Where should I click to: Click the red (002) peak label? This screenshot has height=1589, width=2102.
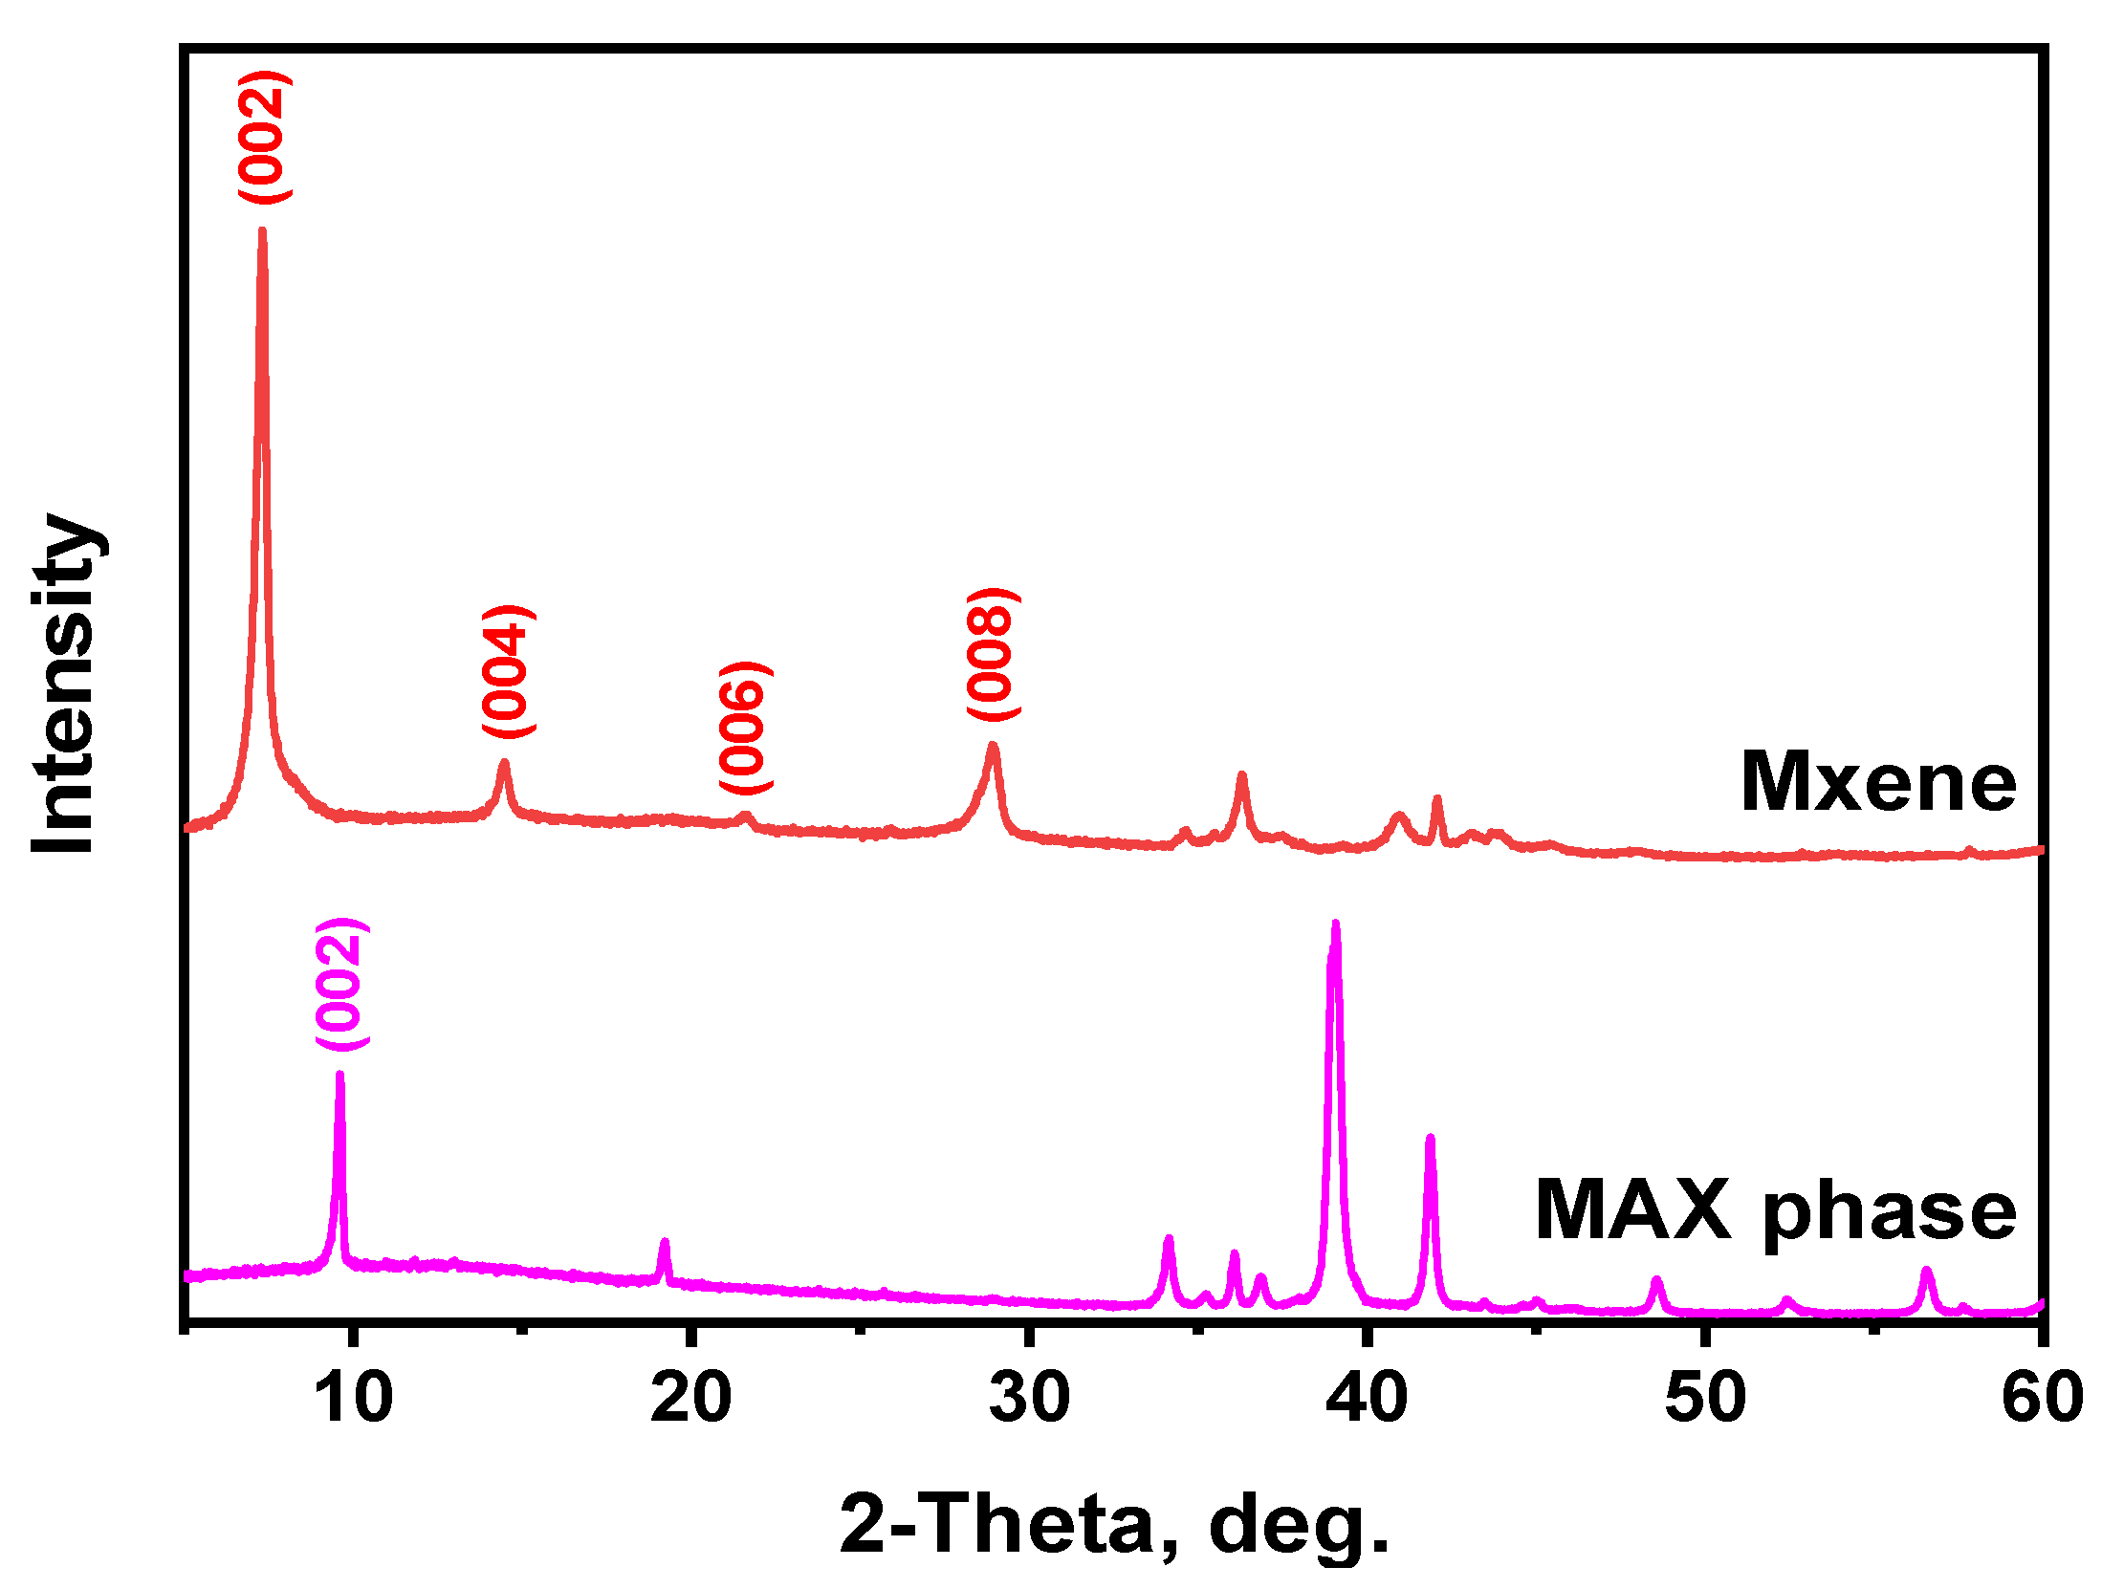click(264, 137)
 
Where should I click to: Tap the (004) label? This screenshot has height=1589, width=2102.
click(508, 671)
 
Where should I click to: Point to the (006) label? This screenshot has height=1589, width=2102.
click(745, 727)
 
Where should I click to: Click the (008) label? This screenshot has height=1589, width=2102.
click(993, 654)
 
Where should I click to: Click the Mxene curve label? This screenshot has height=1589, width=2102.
click(1877, 783)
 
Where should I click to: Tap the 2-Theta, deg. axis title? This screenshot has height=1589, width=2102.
click(1113, 1524)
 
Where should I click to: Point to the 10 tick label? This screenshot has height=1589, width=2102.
click(354, 1398)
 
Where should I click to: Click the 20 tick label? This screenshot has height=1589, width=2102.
click(690, 1398)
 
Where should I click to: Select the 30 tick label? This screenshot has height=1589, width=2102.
click(1029, 1398)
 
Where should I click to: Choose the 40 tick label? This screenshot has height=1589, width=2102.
click(1367, 1398)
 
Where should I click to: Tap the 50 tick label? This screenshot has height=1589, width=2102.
click(1705, 1398)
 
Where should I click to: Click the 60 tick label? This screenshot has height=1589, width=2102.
click(2041, 1398)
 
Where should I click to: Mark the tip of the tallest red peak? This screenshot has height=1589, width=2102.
click(262, 230)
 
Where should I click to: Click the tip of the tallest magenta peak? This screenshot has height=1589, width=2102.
click(1336, 924)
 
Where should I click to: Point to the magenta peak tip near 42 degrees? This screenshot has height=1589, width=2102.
click(1431, 1138)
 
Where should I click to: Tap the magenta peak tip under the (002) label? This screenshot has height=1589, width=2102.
click(339, 1075)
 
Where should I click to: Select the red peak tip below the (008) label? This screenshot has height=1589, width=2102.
click(993, 745)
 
